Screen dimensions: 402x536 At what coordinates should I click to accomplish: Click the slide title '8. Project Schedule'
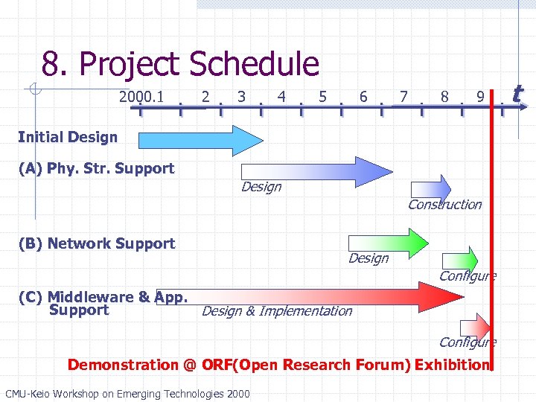[180, 65]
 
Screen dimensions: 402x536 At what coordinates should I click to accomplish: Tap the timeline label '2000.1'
[141, 96]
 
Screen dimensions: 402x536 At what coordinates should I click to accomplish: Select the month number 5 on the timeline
[322, 96]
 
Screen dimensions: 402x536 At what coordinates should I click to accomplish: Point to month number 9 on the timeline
[482, 96]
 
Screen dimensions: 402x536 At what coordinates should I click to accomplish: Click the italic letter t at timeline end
[517, 94]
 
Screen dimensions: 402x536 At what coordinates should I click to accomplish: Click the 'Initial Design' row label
[67, 137]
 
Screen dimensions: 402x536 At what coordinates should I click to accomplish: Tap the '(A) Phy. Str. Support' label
[95, 168]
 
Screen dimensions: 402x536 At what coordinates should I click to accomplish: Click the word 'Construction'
[444, 204]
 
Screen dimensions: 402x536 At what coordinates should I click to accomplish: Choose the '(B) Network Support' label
[95, 243]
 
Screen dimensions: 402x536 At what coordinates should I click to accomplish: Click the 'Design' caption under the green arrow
[368, 258]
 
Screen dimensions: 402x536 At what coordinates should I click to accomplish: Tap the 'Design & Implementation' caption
[276, 311]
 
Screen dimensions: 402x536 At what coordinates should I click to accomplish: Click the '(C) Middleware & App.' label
[101, 297]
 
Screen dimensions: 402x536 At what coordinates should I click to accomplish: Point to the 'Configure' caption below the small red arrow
[468, 342]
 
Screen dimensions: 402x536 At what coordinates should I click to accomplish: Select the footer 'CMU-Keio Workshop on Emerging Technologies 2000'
[127, 393]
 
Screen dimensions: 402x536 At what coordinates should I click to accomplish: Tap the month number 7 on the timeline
[403, 96]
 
